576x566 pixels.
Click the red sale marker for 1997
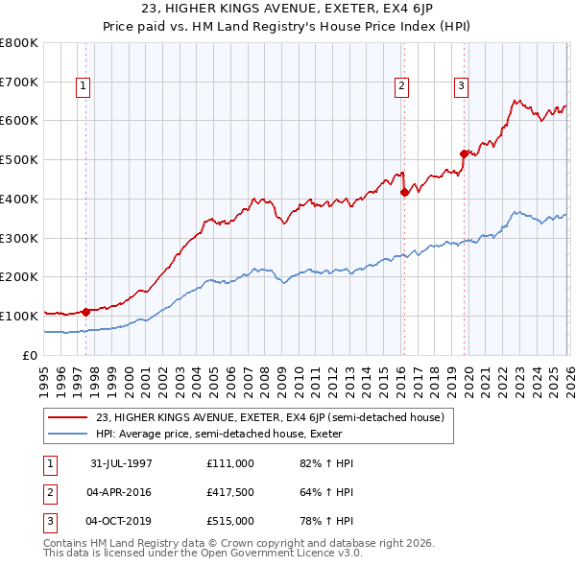86,311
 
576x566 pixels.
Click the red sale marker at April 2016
404,192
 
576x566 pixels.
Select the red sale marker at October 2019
464,153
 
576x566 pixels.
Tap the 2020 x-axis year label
468,375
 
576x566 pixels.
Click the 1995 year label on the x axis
44,375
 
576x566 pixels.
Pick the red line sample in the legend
67,417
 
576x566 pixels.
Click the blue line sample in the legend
67,433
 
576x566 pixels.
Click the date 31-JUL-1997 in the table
121,463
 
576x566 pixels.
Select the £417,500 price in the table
230,492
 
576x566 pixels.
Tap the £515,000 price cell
230,521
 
